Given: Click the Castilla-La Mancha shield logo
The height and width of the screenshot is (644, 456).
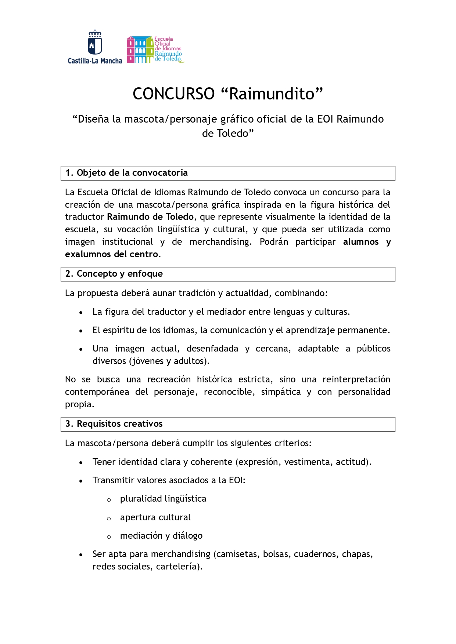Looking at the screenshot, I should [x=95, y=43].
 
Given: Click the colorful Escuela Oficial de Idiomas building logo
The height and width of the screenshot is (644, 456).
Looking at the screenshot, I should [x=140, y=50].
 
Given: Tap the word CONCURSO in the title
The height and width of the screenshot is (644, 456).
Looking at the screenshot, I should [x=173, y=94].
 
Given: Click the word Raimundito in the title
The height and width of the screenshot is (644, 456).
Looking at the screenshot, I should [x=272, y=94].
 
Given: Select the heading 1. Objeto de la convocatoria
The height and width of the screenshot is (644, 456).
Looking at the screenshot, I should [x=126, y=173].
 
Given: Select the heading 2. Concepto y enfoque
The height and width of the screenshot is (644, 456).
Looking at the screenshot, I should [x=114, y=274].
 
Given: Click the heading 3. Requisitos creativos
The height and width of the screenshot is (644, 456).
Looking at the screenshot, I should [x=114, y=424].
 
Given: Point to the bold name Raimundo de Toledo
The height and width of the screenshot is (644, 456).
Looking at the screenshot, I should [x=150, y=217].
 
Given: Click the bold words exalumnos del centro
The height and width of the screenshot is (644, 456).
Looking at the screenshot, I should [x=112, y=254].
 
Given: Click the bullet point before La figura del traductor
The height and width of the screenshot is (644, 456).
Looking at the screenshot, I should [x=81, y=313].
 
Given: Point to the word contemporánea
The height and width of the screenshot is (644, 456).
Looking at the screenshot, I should [x=97, y=392].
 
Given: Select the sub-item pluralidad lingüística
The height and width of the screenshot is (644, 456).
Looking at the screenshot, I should [x=163, y=499].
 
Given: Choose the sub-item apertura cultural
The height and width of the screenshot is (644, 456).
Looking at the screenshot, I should [x=155, y=517].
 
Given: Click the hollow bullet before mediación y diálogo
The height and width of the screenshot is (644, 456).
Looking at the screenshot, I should [x=109, y=537].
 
